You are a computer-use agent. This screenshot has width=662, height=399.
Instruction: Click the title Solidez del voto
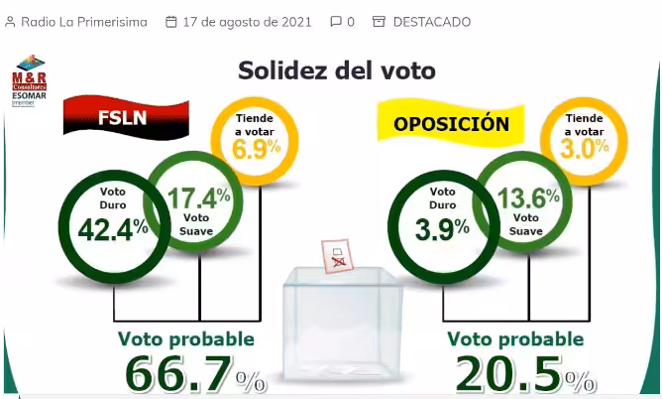[x=336, y=70]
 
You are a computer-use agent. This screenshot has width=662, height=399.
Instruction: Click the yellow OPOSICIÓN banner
[x=451, y=125]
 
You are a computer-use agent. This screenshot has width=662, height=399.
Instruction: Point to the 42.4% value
[x=112, y=228]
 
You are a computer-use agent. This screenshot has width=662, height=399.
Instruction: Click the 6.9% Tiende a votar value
[x=257, y=150]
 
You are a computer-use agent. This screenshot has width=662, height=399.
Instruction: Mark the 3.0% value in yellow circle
[x=586, y=150]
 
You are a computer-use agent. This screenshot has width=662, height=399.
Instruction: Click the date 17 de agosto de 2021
[x=247, y=21]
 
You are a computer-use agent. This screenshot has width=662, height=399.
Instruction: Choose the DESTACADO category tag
[x=431, y=21]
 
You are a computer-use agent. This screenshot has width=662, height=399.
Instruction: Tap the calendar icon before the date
[x=171, y=21]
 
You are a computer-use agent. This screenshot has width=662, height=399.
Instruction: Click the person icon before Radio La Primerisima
[x=11, y=21]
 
